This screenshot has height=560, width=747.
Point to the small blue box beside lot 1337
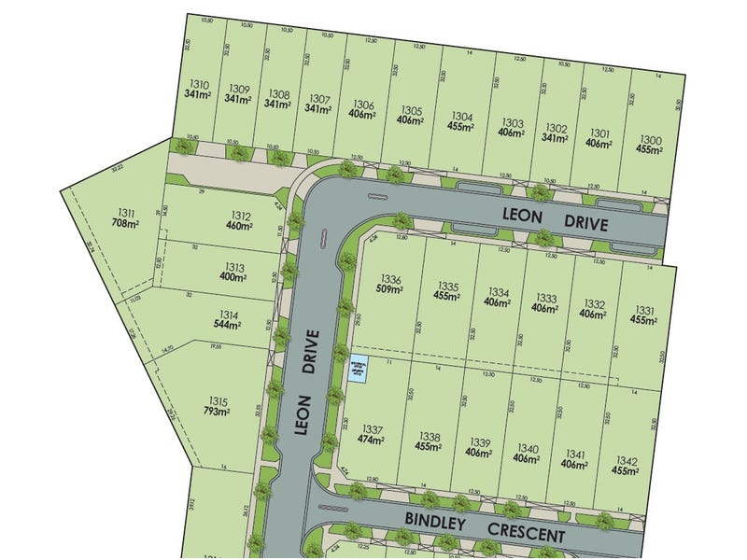357,370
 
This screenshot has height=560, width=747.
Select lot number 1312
238,214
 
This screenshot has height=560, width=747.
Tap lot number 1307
319,98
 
